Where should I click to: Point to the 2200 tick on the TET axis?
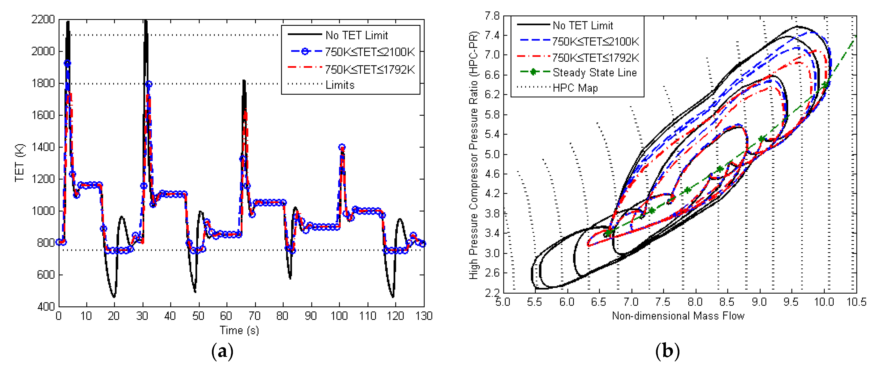pyautogui.click(x=43, y=20)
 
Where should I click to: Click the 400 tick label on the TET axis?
pyautogui.click(x=46, y=306)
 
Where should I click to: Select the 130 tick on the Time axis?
pyautogui.click(x=424, y=316)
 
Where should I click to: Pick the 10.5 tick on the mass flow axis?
pyautogui.click(x=856, y=302)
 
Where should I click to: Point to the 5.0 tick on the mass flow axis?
pyautogui.click(x=503, y=302)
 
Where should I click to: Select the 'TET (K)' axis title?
pyautogui.click(x=20, y=163)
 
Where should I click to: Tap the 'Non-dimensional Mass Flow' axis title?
pyautogui.click(x=678, y=316)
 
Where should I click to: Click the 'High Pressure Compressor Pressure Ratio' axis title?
pyautogui.click(x=473, y=155)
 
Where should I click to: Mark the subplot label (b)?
pyautogui.click(x=667, y=351)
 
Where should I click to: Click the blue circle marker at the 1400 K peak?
pyautogui.click(x=342, y=147)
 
